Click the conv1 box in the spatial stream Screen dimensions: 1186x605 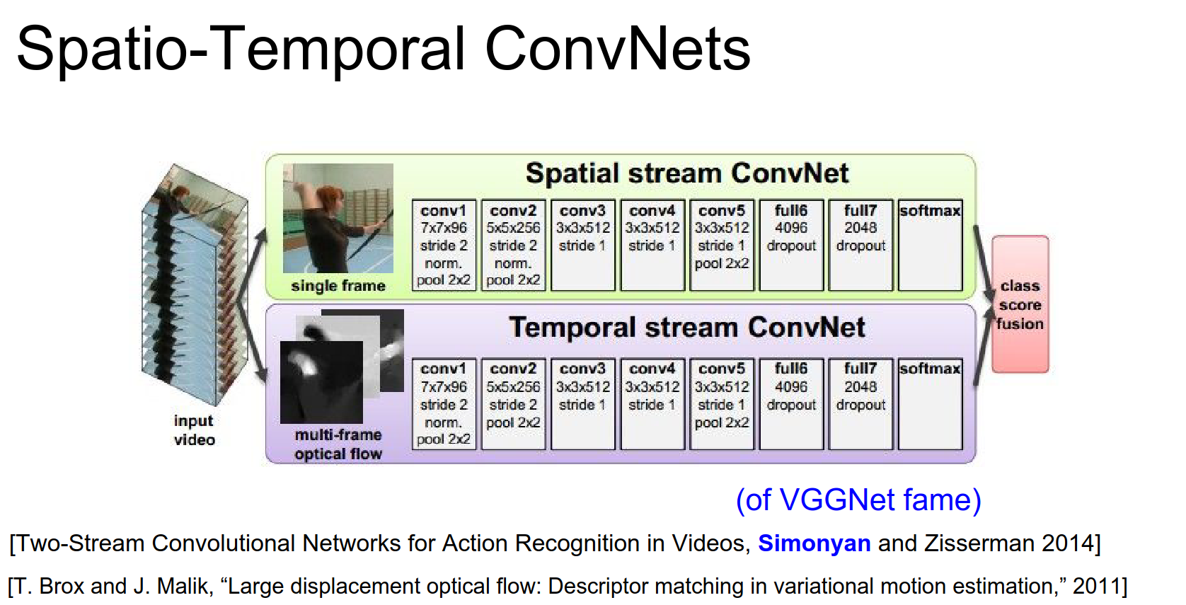[444, 245]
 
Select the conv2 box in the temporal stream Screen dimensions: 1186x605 [513, 404]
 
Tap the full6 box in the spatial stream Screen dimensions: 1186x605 [791, 245]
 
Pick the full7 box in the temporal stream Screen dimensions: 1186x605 [860, 404]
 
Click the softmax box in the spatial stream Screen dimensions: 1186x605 [931, 245]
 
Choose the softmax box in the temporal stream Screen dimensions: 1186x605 [931, 404]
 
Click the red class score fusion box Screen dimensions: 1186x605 [1020, 304]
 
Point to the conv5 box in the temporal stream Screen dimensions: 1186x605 [722, 404]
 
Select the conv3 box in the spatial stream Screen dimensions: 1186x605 [582, 245]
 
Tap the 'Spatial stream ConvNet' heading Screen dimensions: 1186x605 [686, 173]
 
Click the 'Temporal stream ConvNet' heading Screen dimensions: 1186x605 [686, 327]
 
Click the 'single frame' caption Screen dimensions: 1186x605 [338, 287]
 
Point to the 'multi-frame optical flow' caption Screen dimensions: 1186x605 [338, 444]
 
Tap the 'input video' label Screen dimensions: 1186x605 [195, 430]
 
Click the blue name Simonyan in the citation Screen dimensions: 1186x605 [814, 543]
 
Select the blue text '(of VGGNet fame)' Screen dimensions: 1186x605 [858, 500]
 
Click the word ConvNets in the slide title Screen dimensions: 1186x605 [617, 49]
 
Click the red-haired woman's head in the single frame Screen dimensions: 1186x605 [331, 200]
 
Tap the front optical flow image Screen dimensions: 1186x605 [321, 382]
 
